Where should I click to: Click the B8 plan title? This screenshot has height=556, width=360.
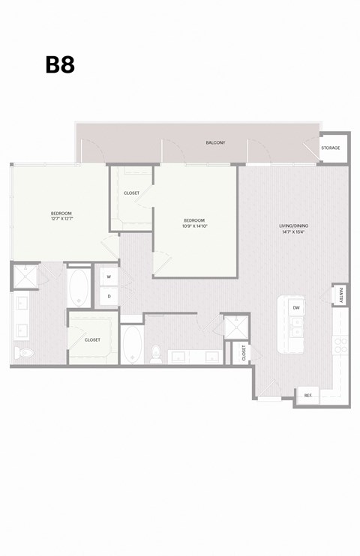[60, 65]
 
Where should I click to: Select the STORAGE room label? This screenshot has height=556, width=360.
[330, 148]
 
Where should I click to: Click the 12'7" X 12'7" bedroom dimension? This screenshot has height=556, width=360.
[61, 219]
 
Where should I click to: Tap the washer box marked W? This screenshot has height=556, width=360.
[109, 277]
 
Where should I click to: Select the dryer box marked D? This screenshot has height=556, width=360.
[109, 296]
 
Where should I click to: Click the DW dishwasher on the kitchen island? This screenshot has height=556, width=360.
[296, 307]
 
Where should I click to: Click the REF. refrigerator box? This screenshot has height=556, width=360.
[307, 395]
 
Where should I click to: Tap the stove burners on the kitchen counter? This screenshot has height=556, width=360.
[340, 344]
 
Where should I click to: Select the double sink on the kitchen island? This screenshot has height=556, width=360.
[296, 327]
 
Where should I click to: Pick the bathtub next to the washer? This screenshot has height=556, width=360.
[78, 286]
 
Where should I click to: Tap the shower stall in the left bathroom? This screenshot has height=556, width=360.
[25, 277]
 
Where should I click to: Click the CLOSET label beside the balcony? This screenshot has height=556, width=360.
[131, 193]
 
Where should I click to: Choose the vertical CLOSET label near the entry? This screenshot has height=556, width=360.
[244, 352]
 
